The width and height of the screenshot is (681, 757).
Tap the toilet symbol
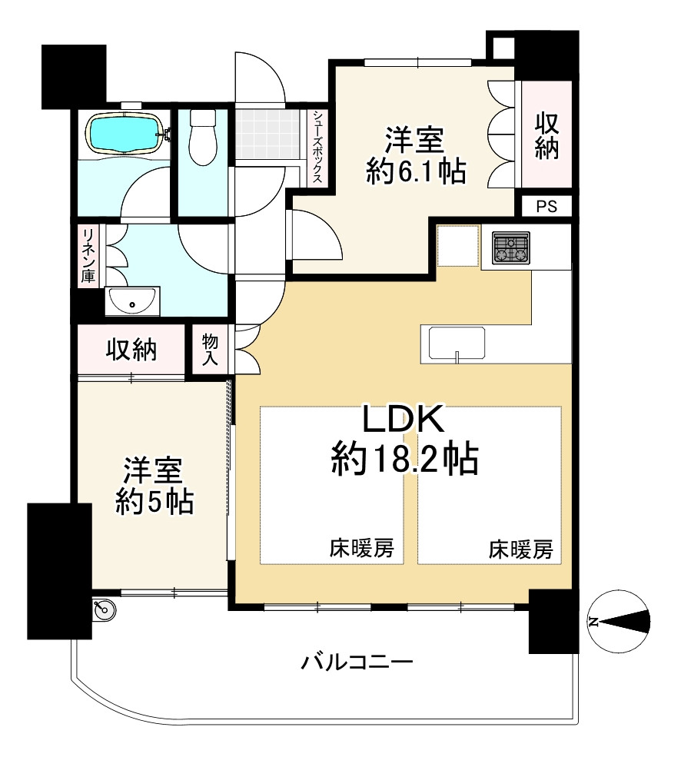click(x=203, y=138)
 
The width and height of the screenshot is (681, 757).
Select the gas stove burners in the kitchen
click(x=511, y=248)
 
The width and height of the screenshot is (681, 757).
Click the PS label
click(x=546, y=207)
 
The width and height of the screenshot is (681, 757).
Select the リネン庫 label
click(x=89, y=256)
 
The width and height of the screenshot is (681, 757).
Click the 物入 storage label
click(x=210, y=350)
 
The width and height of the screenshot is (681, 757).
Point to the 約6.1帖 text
click(x=417, y=171)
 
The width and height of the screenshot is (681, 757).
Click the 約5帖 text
click(x=154, y=502)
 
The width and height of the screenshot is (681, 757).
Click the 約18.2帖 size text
click(x=405, y=459)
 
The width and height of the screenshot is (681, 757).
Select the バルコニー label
click(x=357, y=662)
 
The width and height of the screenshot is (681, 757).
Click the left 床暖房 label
click(x=362, y=549)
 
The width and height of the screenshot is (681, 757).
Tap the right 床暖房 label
click(x=520, y=549)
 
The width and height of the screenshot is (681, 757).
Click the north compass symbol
click(x=620, y=621)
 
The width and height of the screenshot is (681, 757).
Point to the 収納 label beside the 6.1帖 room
click(x=546, y=136)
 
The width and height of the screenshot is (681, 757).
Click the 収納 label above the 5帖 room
click(x=131, y=350)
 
